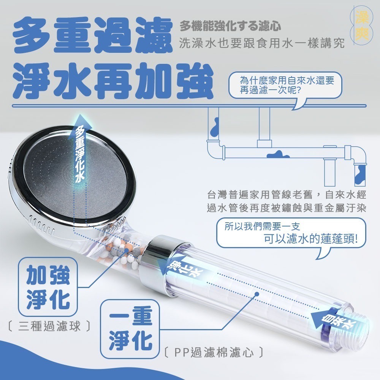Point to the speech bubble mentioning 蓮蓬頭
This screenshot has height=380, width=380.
tap(291, 234)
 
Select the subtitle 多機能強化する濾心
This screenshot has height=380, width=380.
tap(230, 27)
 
